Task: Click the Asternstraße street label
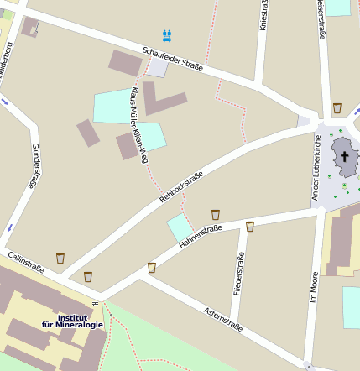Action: [223, 319]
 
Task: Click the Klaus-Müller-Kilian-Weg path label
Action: [138, 124]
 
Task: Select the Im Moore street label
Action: [314, 285]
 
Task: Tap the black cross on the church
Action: [344, 156]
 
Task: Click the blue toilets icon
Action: [168, 35]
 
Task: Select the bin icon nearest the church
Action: [337, 108]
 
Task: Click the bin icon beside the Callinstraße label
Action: [60, 258]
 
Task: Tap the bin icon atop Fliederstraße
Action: [249, 226]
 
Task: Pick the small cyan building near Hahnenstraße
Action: [180, 227]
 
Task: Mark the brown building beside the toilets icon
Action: [126, 61]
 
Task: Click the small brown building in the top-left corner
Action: [30, 26]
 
